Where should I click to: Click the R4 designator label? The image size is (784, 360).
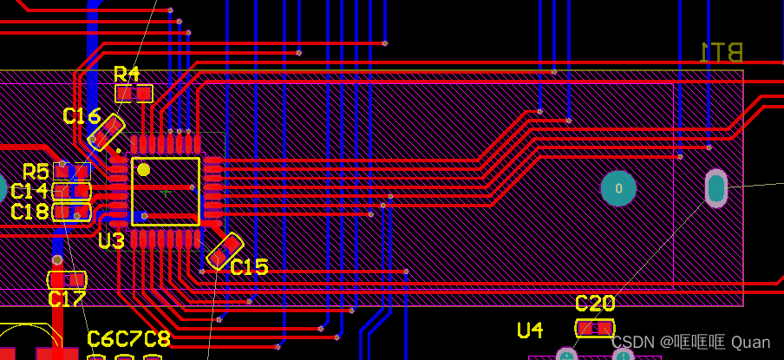click(x=127, y=74)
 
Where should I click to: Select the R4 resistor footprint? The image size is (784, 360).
click(x=134, y=93)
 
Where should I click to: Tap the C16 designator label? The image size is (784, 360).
click(x=82, y=116)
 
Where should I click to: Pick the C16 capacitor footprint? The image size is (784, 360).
click(x=107, y=134)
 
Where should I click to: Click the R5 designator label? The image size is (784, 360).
click(x=36, y=172)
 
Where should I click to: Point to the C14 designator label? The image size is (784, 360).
click(x=29, y=192)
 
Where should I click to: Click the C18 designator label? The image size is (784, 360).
click(x=29, y=213)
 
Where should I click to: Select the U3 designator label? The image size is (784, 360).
click(x=111, y=241)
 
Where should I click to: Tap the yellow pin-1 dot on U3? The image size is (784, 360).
click(x=143, y=170)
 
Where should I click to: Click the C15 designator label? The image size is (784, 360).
click(x=249, y=268)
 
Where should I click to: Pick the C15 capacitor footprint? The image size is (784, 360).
click(x=225, y=250)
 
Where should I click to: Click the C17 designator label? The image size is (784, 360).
click(x=67, y=300)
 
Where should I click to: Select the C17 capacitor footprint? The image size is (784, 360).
click(x=67, y=280)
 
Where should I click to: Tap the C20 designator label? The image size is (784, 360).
click(x=595, y=304)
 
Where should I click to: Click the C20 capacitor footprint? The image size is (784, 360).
click(x=595, y=328)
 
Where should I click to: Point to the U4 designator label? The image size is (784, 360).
click(x=530, y=331)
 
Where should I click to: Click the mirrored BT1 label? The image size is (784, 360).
click(x=722, y=53)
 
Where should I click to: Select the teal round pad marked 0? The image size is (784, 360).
click(x=618, y=188)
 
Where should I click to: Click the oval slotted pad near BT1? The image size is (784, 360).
click(x=715, y=188)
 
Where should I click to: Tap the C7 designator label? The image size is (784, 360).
click(x=128, y=339)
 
